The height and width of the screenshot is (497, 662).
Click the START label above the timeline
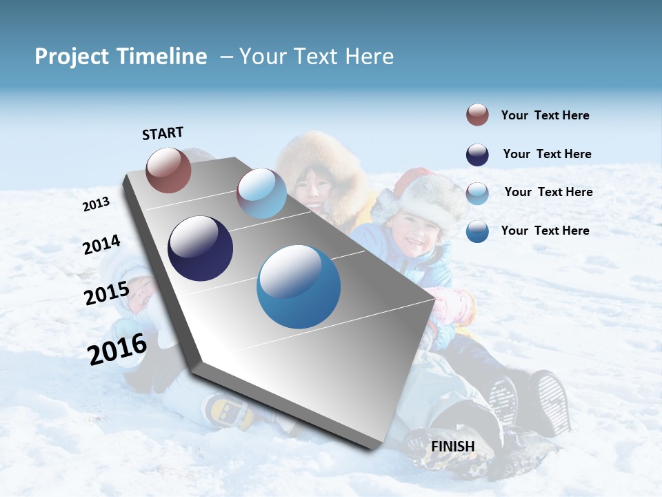point(163,133)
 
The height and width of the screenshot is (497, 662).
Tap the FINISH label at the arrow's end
point(453,447)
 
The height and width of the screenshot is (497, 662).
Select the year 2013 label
point(97,204)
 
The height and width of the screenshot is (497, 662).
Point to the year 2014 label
point(101,244)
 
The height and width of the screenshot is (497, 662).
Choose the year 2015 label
point(107,293)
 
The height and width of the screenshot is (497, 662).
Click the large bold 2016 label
point(117,349)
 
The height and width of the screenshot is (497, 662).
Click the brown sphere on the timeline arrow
point(169,170)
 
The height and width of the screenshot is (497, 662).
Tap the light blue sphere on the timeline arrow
point(261,193)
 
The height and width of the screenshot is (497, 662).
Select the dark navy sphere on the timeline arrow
point(200,248)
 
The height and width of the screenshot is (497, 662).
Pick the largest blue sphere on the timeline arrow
point(299,286)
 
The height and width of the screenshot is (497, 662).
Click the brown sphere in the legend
point(477,115)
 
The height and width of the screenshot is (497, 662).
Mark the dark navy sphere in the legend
point(477,155)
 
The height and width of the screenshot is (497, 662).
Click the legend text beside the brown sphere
point(545,116)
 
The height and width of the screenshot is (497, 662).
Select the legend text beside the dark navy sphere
point(547,154)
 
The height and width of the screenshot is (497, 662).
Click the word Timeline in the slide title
point(163,57)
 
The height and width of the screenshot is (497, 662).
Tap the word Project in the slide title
point(72,57)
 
